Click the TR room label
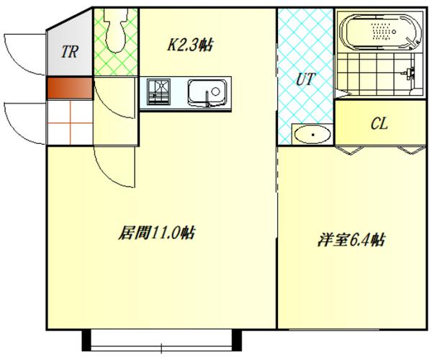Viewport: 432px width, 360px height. [x=70, y=51]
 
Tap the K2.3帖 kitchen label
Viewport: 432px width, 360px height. [x=190, y=45]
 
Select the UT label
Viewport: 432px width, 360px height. [x=306, y=78]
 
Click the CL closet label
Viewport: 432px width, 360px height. [x=379, y=123]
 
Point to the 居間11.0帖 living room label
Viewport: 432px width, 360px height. [x=157, y=233]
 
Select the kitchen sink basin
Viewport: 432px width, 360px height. [x=207, y=92]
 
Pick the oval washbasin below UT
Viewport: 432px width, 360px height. [x=312, y=133]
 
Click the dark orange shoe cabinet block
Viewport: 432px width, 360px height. [x=70, y=87]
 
